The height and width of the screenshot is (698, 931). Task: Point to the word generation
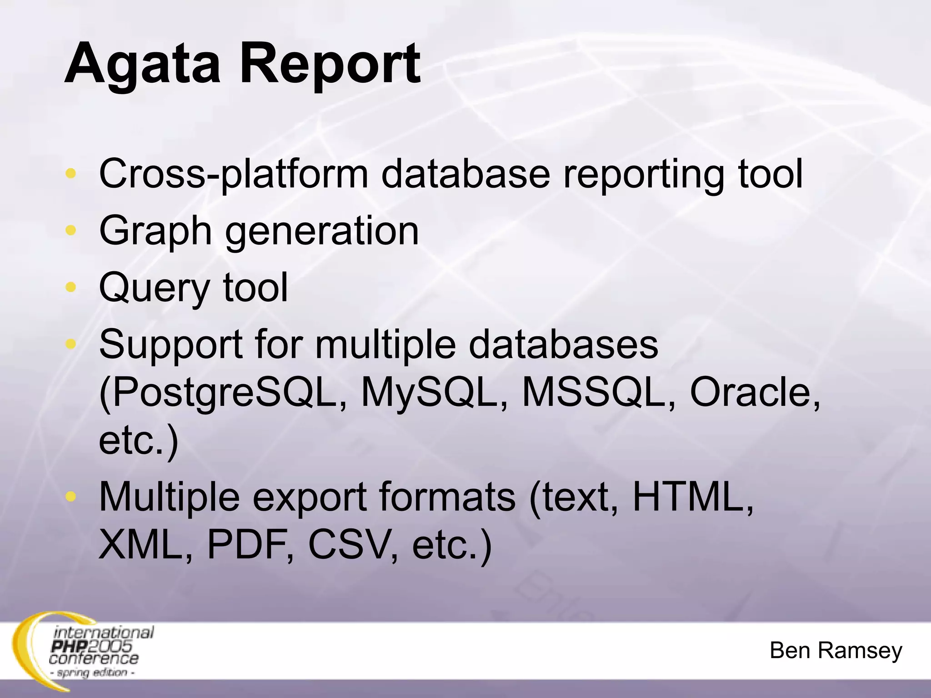[x=322, y=231]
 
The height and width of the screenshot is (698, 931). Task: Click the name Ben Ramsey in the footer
[x=836, y=651]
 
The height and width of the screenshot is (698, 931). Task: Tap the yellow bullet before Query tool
[x=70, y=287]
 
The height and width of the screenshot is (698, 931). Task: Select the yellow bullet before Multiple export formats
[x=70, y=496]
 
